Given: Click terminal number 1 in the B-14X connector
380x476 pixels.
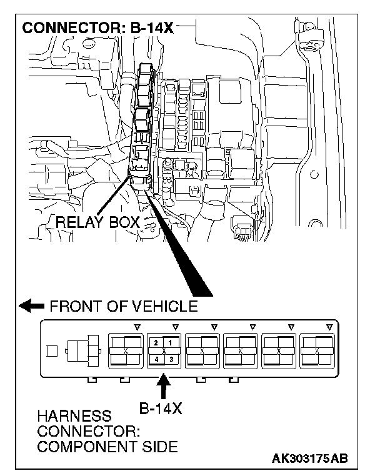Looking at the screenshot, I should (x=170, y=343).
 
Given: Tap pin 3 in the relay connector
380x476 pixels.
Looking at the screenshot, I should (x=170, y=359).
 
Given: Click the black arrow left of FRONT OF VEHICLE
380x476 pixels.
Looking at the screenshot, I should (x=31, y=306).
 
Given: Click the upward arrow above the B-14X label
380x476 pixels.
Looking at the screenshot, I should (x=164, y=388).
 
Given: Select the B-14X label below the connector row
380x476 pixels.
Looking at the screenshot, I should (x=160, y=410).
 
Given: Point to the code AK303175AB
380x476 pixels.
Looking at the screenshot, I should (x=309, y=459).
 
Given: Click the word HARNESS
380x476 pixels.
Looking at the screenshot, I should (x=66, y=416).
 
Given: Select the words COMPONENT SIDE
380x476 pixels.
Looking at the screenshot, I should (x=107, y=447).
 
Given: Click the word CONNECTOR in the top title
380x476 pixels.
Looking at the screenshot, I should (x=66, y=29).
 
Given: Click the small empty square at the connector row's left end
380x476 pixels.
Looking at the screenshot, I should (x=54, y=351).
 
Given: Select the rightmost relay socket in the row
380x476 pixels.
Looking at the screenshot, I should (x=316, y=351).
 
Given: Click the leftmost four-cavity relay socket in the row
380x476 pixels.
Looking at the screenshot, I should (x=125, y=351).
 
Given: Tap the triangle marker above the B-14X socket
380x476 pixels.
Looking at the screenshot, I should (x=176, y=326).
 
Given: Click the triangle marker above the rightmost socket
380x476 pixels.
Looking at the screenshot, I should (x=329, y=326).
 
